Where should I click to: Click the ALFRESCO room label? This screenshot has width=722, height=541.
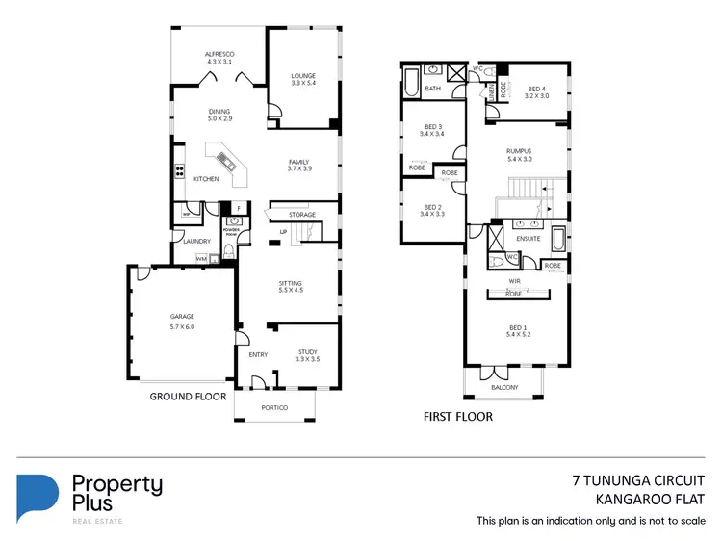click(220, 53)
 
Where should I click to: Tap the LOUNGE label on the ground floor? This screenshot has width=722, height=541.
click(303, 75)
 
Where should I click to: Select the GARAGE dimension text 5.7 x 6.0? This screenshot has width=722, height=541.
click(183, 327)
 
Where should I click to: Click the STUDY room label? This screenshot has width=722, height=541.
click(307, 352)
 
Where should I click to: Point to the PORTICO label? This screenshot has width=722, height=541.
click(275, 408)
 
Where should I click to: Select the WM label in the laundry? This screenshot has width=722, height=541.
click(201, 258)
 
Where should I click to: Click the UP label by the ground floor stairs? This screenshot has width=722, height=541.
click(283, 232)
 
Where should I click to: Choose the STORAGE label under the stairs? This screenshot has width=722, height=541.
click(301, 215)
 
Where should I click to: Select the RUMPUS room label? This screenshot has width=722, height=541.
click(520, 151)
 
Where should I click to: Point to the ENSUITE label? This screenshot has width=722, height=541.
click(529, 238)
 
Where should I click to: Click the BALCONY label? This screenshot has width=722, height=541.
click(503, 387)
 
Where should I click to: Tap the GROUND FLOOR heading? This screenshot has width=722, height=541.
click(188, 396)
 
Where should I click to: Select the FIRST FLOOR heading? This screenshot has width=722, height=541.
click(458, 417)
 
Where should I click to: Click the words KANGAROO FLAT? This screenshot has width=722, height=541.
click(653, 499)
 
